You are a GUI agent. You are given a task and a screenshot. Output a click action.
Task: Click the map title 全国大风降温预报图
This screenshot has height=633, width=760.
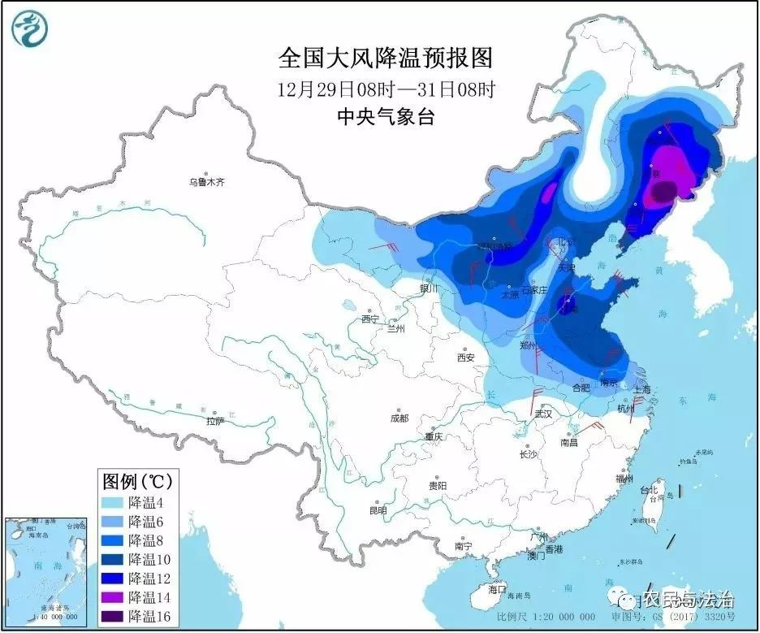coord(385,58)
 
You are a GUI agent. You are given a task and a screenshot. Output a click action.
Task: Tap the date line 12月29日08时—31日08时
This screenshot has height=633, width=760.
coord(385,89)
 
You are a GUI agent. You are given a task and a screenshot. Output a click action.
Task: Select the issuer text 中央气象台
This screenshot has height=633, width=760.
coord(385,117)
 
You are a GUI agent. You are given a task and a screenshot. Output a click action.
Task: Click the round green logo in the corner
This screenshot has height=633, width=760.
coord(29,28)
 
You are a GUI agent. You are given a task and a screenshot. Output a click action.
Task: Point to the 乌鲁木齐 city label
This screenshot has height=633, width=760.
coord(206,183)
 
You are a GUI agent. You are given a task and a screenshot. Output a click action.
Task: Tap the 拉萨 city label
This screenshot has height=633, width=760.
coord(214,421)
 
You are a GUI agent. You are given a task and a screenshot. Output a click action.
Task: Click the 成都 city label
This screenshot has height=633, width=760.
coord(399,418)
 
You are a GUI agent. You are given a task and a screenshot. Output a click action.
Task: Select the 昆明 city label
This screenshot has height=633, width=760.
coord(378,510)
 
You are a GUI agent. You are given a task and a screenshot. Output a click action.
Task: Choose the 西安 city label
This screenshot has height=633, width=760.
coord(465,357)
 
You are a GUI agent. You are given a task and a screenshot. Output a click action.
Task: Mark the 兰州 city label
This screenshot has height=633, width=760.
coord(395,329)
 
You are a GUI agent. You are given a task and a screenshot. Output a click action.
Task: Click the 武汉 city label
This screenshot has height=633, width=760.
coord(542,414)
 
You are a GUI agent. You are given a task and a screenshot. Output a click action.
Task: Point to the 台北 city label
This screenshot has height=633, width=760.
coord(650,491)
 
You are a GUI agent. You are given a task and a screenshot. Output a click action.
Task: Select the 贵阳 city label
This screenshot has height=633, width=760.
coord(438,485)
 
